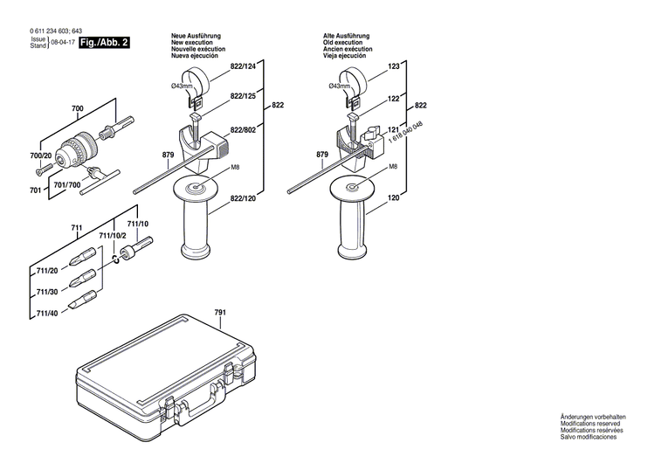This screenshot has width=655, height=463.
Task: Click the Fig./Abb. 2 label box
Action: (x=104, y=42)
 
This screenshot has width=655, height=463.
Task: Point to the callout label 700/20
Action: (x=41, y=156)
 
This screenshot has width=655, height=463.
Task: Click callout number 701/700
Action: (x=68, y=186)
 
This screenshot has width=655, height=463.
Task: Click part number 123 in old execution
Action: (x=393, y=67)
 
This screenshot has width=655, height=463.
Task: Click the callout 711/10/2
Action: (x=112, y=236)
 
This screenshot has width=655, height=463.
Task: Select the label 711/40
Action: (x=47, y=314)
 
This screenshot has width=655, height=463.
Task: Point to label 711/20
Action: (x=47, y=271)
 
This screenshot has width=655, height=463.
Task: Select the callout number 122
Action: (x=393, y=99)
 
